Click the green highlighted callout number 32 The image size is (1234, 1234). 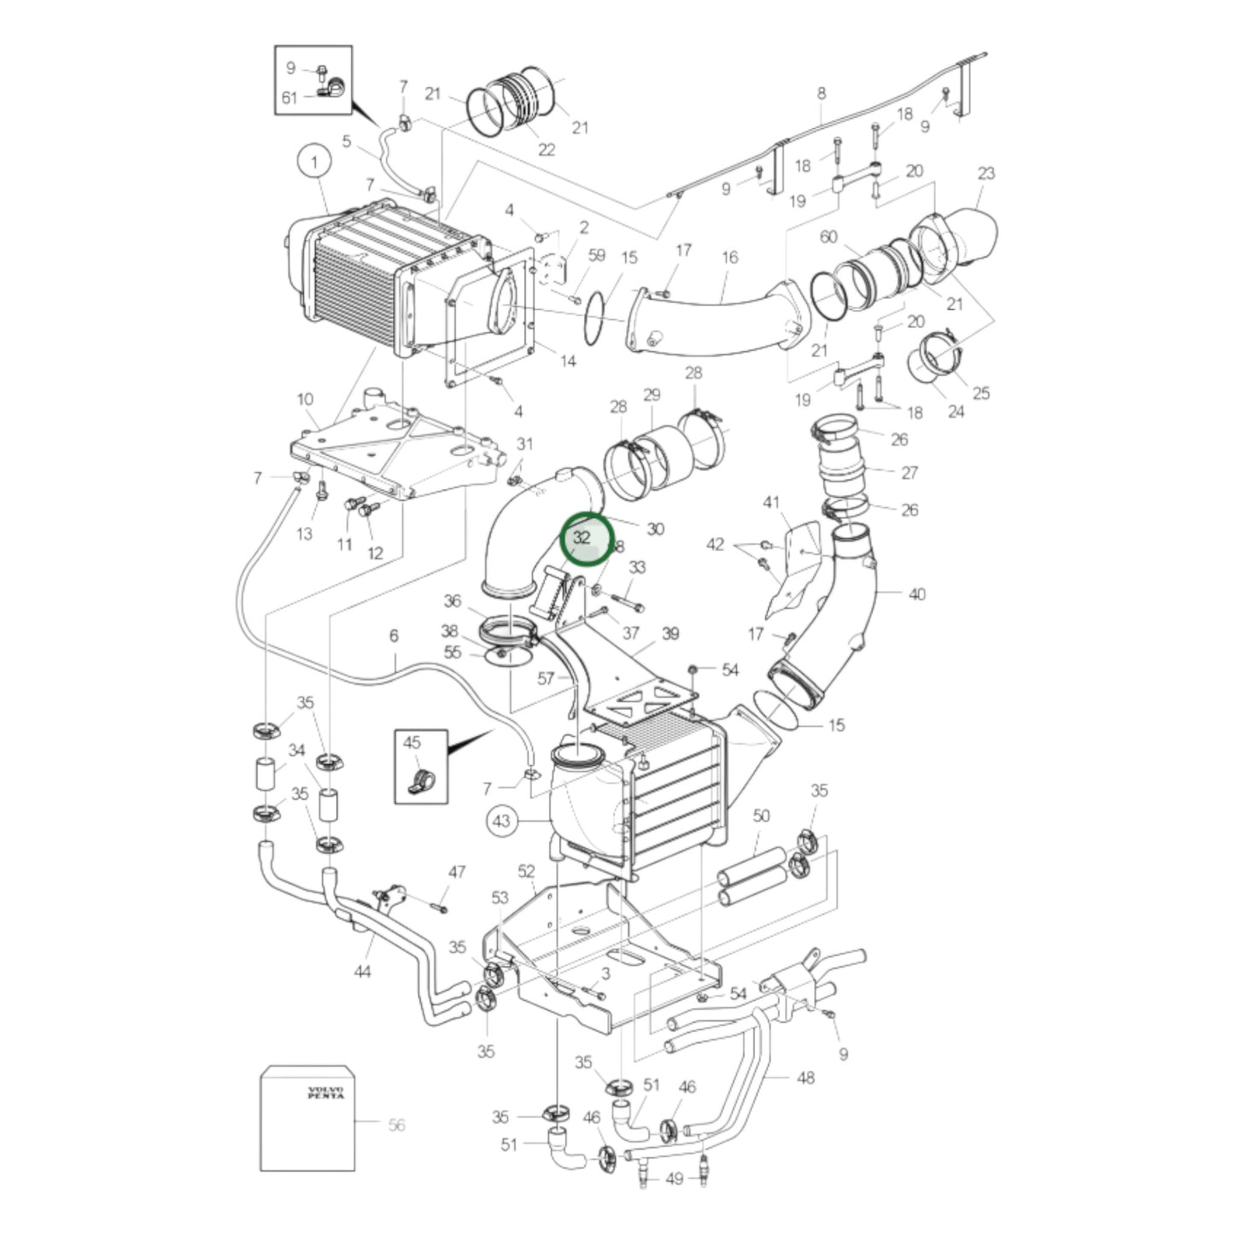click(585, 539)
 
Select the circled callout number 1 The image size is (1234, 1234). click(313, 161)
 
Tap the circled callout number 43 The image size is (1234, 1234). click(501, 822)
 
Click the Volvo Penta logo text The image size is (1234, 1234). click(325, 1092)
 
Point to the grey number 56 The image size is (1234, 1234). click(396, 1126)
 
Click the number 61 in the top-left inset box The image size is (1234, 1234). click(289, 97)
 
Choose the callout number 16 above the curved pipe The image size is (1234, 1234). click(729, 257)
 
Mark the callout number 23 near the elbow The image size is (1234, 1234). click(985, 173)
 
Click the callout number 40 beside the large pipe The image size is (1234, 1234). click(916, 594)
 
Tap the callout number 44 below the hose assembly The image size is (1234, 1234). click(362, 971)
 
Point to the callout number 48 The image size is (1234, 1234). click(805, 1078)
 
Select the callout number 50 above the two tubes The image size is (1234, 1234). click(761, 816)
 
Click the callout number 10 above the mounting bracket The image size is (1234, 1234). click(305, 399)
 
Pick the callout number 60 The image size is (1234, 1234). click(828, 237)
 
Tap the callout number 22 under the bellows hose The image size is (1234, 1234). click(547, 149)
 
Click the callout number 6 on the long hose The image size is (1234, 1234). click(394, 636)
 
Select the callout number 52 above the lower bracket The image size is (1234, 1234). click(526, 871)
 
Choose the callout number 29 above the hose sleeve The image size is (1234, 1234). click(652, 395)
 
